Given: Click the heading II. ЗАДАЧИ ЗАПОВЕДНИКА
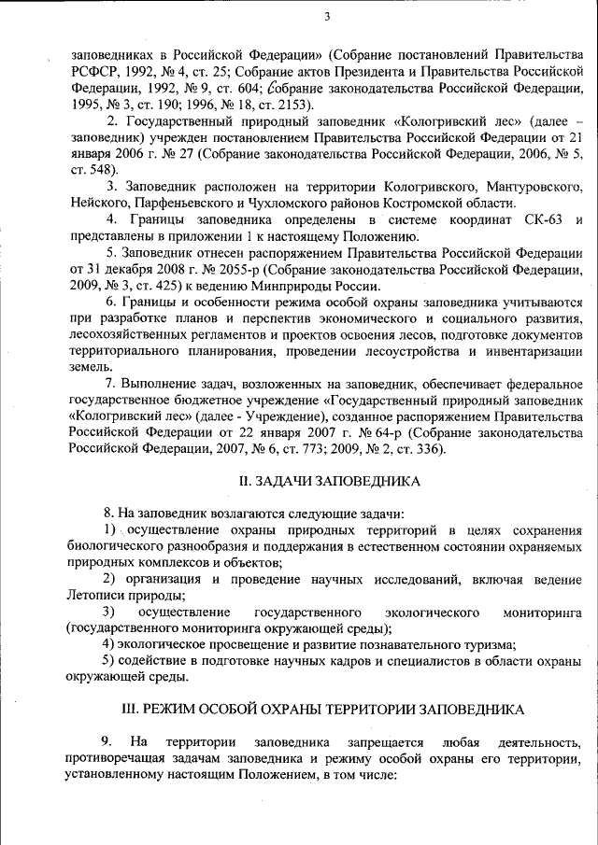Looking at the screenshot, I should click(326, 481).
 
